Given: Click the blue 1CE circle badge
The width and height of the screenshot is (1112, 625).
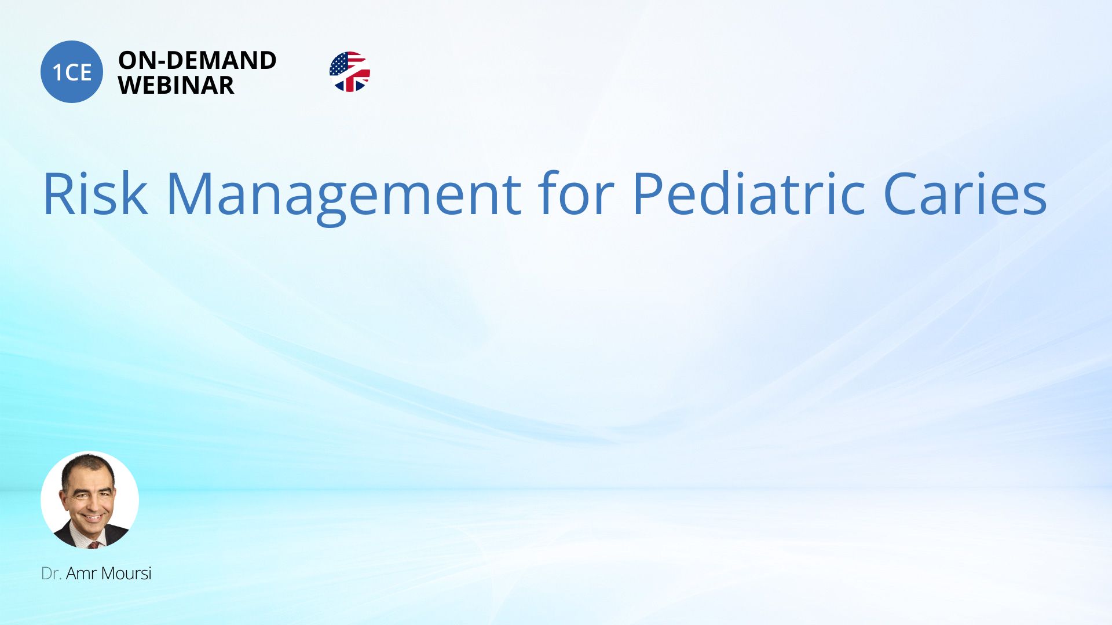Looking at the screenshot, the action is click(x=72, y=72).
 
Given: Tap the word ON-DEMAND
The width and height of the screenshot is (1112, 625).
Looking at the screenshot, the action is click(x=197, y=60).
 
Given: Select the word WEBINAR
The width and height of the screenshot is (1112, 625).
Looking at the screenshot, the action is click(x=176, y=86).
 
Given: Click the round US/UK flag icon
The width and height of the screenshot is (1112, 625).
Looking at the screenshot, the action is click(x=350, y=72).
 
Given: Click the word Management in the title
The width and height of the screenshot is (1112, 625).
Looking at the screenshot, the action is click(x=344, y=197).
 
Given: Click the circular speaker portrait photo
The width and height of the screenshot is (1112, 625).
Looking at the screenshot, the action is click(x=90, y=500).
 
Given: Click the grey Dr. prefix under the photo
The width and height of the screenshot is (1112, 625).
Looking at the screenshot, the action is click(x=51, y=573).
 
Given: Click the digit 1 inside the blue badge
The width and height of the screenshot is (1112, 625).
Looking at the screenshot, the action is click(x=57, y=72).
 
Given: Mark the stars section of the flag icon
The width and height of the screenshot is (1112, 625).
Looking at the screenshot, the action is click(x=339, y=64).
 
